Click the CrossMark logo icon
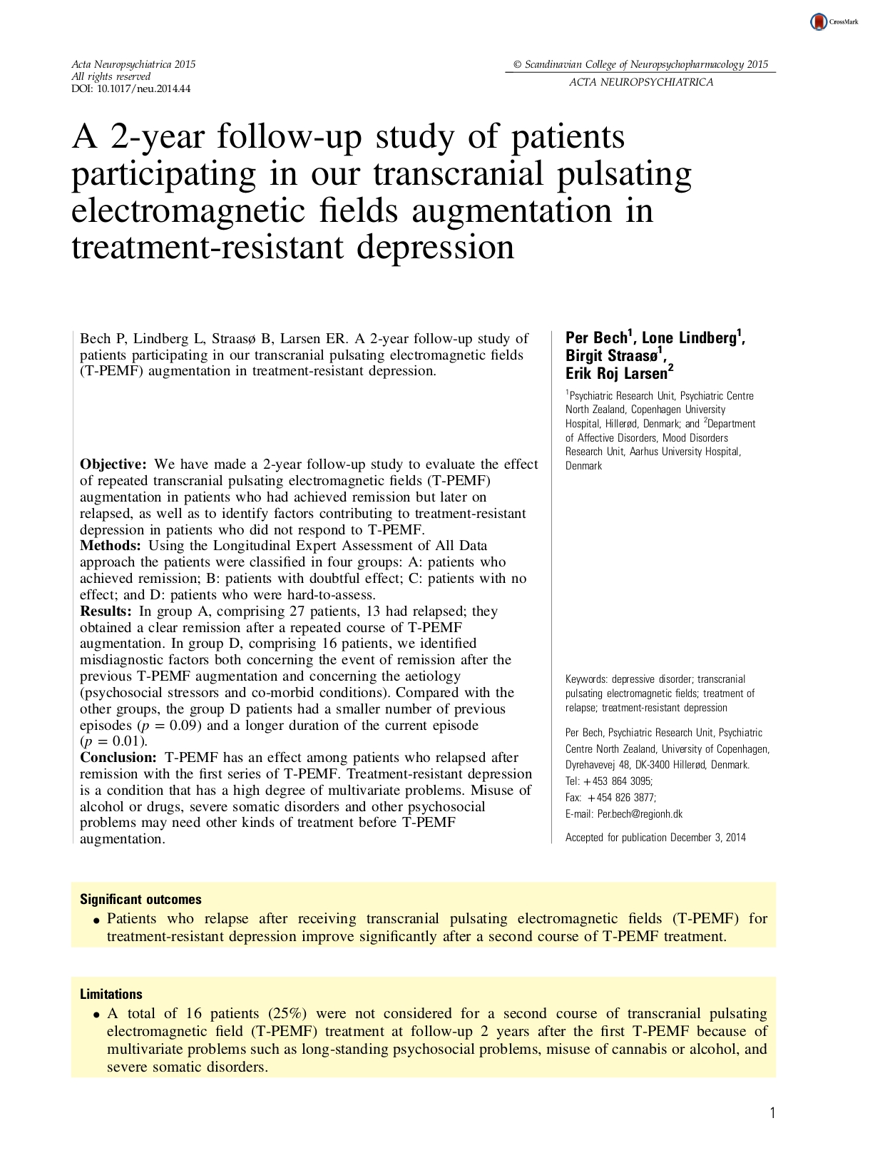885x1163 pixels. pyautogui.click(x=819, y=22)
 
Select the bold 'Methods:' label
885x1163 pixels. pyautogui.click(x=111, y=546)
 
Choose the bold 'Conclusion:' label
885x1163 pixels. pyautogui.click(x=118, y=758)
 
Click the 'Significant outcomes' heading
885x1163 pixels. pyautogui.click(x=140, y=900)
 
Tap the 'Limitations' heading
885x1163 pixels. pyautogui.click(x=111, y=995)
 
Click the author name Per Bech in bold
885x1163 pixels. pyautogui.click(x=596, y=338)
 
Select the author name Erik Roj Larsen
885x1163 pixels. pyautogui.click(x=616, y=373)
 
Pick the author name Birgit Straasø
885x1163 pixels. pyautogui.click(x=611, y=355)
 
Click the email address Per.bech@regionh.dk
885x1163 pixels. pyautogui.click(x=640, y=814)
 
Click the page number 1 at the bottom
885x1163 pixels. pyautogui.click(x=772, y=1113)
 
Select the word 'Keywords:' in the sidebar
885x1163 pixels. pyautogui.click(x=586, y=679)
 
